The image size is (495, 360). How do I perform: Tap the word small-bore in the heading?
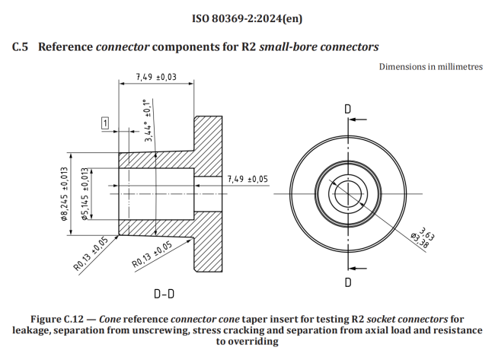point(288,47)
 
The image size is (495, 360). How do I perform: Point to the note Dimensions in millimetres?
point(430,66)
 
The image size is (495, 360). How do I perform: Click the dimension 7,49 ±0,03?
point(156,77)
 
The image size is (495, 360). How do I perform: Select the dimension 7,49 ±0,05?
point(248,179)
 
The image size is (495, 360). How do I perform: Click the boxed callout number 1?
point(104,123)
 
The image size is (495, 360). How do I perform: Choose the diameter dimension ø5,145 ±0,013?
point(86,193)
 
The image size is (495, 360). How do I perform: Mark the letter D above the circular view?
point(347,109)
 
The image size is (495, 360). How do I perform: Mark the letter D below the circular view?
point(347,282)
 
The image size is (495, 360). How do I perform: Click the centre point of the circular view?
point(347,194)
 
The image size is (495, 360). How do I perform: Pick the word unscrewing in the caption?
point(178,330)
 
